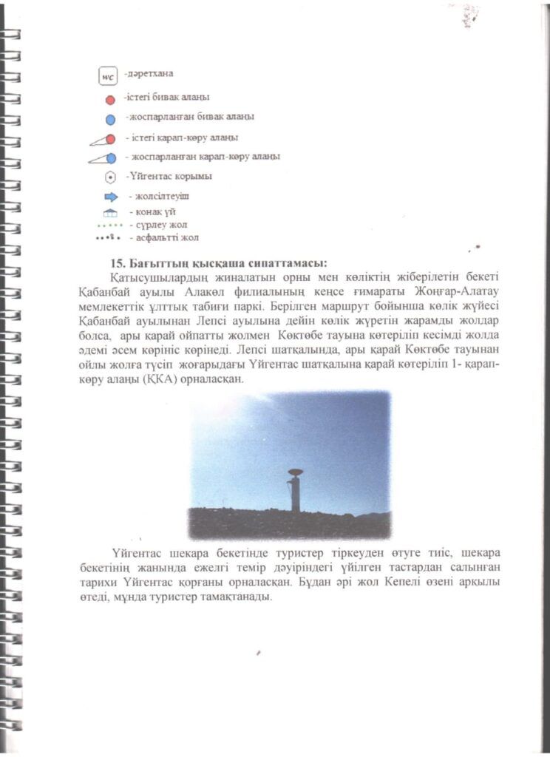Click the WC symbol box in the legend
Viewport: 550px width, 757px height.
click(108, 76)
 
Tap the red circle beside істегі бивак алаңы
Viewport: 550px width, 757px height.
click(110, 100)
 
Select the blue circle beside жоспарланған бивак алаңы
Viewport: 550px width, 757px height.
click(110, 119)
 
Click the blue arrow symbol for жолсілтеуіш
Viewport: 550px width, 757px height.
click(111, 197)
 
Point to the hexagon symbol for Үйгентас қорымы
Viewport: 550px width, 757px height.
click(110, 177)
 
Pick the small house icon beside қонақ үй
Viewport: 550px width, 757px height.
click(111, 213)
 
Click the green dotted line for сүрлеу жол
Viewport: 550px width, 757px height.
click(110, 225)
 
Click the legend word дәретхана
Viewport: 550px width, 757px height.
click(151, 74)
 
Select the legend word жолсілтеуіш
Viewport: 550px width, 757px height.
click(159, 196)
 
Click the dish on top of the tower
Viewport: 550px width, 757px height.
click(295, 472)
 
